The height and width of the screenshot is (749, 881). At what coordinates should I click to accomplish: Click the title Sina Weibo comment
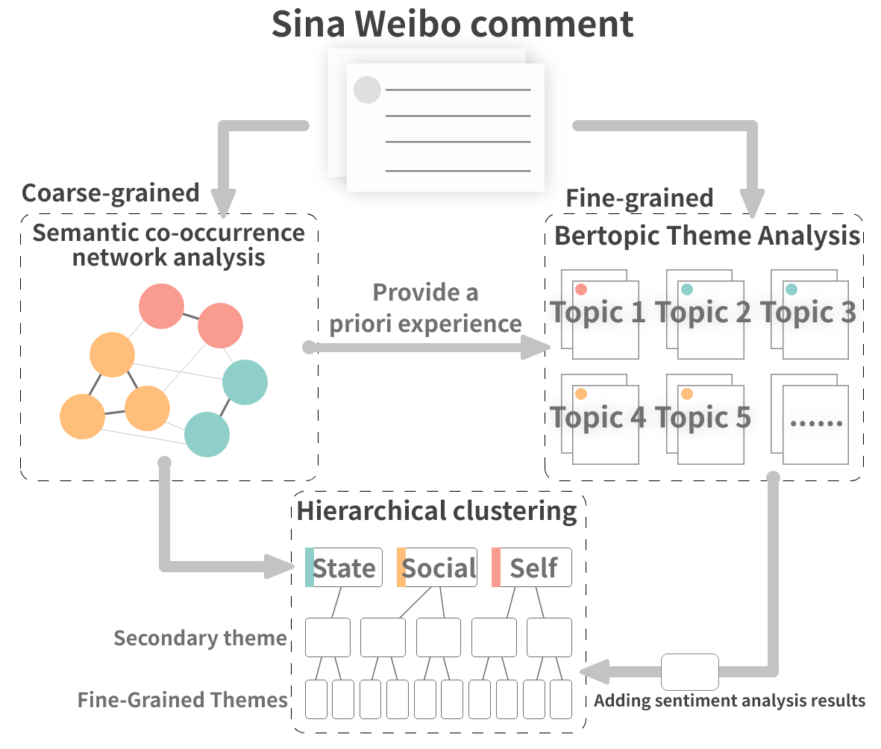coord(452,24)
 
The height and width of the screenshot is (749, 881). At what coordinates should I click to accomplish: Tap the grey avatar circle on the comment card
coord(367,90)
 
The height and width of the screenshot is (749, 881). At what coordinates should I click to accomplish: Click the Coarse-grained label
coord(110,192)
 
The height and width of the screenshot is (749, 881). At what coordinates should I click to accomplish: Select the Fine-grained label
coord(639,198)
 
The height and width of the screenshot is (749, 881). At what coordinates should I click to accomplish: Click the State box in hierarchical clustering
coord(344,568)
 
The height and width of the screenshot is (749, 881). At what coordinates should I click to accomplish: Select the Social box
coord(437,568)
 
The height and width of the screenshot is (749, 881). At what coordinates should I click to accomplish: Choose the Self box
coord(532,568)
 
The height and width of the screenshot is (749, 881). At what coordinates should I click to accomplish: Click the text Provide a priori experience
coord(426,307)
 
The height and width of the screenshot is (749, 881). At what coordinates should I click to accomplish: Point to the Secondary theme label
coord(200,638)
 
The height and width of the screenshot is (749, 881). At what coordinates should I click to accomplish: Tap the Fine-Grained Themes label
coord(183,700)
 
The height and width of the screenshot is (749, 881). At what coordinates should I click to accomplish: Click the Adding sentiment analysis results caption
coord(730,701)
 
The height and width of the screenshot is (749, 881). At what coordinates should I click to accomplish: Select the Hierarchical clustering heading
coord(437,512)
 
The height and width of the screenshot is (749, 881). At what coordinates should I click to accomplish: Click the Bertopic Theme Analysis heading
coord(707,236)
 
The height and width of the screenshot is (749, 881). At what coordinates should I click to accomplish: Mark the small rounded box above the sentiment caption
coord(690,671)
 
